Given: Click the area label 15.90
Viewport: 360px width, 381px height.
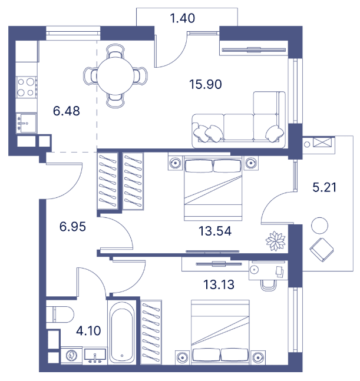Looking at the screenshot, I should (x=205, y=84).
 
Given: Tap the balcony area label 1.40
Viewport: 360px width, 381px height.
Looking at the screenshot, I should (x=181, y=18).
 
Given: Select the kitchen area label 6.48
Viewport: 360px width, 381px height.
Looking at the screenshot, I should (x=65, y=110).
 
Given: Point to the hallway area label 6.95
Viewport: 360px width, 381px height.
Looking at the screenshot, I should (x=72, y=226).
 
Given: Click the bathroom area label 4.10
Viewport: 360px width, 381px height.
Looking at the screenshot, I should (x=88, y=330).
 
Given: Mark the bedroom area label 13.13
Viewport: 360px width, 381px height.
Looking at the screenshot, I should (x=219, y=285).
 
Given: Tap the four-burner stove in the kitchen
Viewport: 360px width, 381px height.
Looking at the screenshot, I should (x=25, y=87).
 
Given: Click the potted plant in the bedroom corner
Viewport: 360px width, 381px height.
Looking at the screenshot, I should (x=275, y=240).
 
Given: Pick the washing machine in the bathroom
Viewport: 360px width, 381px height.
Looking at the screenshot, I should (x=71, y=356).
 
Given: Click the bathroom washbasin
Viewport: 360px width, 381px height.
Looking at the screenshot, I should (x=95, y=355).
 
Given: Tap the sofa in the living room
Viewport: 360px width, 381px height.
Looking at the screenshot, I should (x=239, y=121).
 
